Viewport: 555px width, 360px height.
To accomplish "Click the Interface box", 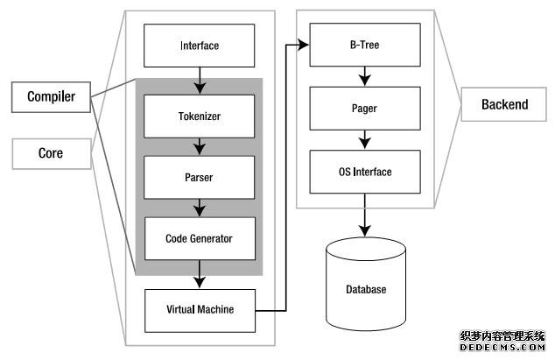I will click(200, 46).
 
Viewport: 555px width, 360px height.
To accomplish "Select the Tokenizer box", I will click(200, 116).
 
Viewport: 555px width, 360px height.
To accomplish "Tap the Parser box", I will click(200, 177).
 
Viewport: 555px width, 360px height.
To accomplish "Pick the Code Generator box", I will click(200, 237).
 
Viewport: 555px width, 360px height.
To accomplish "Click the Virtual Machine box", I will click(200, 309).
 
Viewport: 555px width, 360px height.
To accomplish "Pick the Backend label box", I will click(505, 105).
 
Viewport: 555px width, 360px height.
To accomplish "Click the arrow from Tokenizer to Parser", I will click(200, 146).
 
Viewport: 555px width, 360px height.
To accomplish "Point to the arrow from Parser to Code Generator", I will click(200, 207).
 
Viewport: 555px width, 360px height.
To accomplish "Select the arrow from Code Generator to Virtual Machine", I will click(200, 273).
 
